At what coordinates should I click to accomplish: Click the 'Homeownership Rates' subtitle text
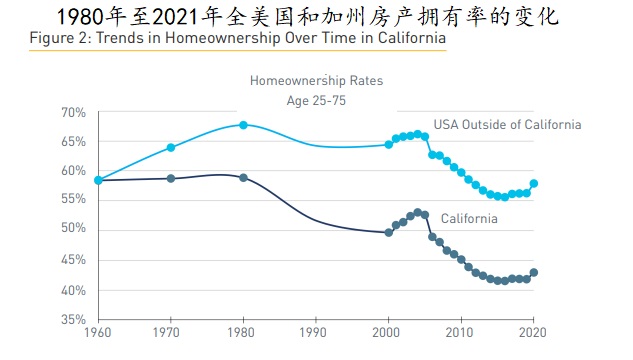316,80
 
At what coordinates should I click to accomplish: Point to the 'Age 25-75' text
316,99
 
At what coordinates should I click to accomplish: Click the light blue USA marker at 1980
243,125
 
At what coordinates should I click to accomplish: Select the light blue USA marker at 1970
171,147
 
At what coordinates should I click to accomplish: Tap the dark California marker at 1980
243,178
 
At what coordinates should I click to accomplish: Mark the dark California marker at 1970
171,178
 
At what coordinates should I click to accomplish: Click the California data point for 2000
389,232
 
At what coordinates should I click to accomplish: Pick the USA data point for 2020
534,183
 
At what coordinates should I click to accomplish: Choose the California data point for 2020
534,272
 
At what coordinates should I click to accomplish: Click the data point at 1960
98,180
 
